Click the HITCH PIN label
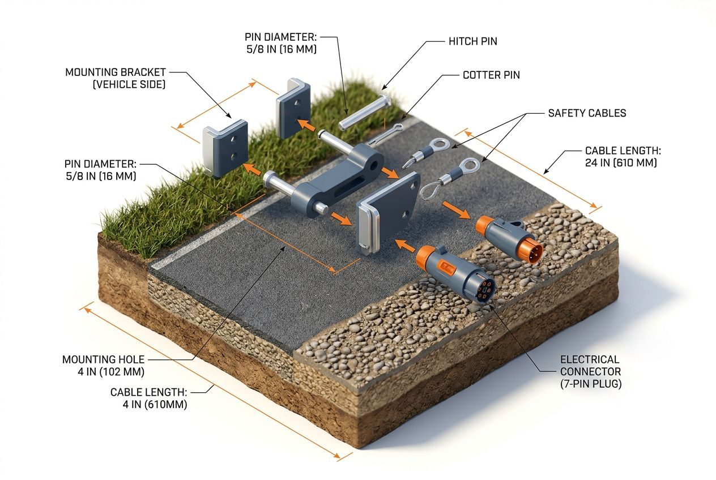click(473, 41)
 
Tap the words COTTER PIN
click(491, 75)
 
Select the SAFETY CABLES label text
click(587, 113)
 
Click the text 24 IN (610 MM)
click(621, 162)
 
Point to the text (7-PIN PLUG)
click(591, 384)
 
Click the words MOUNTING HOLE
click(103, 359)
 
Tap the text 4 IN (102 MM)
click(111, 372)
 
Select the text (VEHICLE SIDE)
click(129, 84)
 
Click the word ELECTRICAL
click(590, 359)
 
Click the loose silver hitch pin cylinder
click(364, 112)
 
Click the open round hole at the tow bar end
click(373, 166)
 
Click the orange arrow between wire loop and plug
click(456, 210)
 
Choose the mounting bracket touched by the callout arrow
click(225, 148)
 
